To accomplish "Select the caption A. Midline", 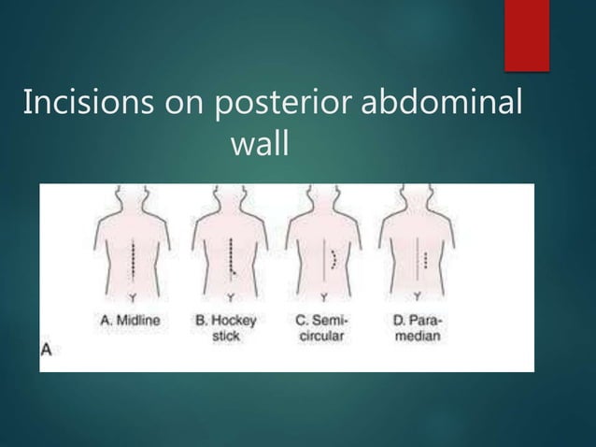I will [130, 319].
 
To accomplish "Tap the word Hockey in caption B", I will [236, 319].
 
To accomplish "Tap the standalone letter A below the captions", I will [45, 349].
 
